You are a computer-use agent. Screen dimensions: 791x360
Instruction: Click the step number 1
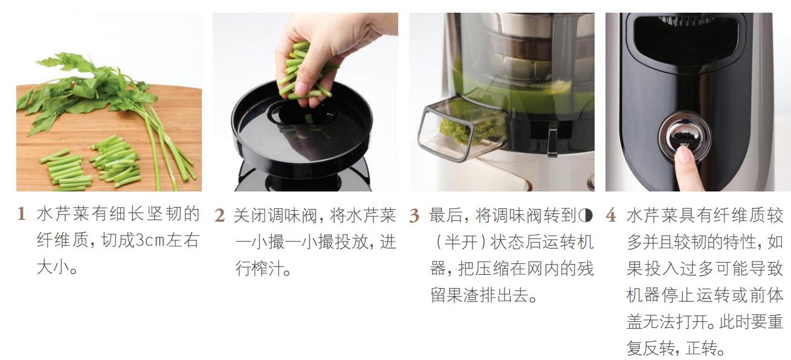coord(22,214)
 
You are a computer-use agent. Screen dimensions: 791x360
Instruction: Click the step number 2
coord(219,215)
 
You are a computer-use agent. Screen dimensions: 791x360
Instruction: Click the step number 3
coord(414,215)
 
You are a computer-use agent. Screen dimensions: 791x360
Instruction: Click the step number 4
coord(611,215)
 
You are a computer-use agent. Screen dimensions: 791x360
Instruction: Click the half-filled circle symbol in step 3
coord(586,215)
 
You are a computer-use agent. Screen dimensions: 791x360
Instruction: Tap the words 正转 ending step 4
coord(702,348)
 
